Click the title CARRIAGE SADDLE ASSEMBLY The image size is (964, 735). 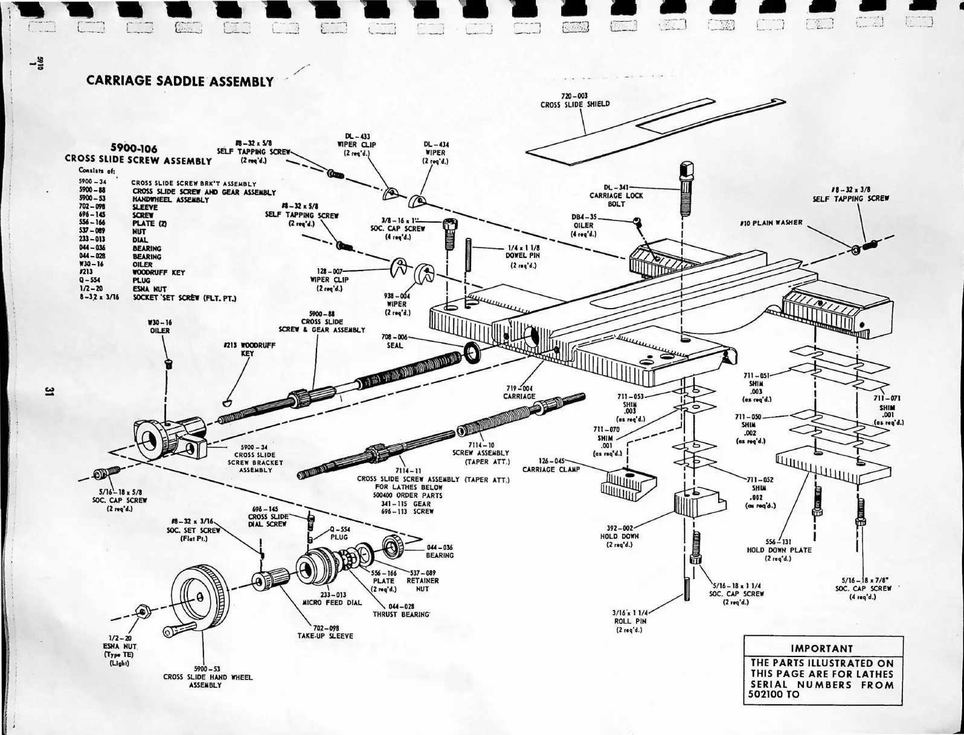(x=180, y=81)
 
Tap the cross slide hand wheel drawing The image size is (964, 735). (x=198, y=595)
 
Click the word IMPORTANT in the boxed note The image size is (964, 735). (x=821, y=649)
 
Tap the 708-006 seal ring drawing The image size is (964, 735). (x=472, y=352)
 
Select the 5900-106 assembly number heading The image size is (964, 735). (x=133, y=149)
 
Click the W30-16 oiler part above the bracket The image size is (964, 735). (x=169, y=364)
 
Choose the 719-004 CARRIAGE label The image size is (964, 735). (x=519, y=393)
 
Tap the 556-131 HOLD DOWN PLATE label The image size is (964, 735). (x=779, y=546)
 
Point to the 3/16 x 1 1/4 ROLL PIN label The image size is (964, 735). (x=630, y=621)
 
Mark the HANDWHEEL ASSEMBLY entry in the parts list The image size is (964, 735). (x=170, y=199)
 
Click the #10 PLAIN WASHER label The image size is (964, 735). (x=771, y=222)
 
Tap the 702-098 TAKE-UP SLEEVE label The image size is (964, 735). (x=325, y=632)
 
